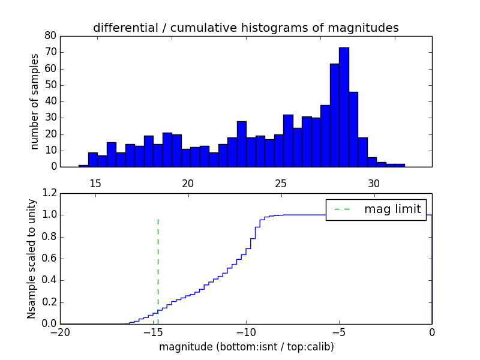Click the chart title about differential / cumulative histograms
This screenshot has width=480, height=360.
pos(246,28)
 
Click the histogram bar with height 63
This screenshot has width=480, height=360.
pos(335,115)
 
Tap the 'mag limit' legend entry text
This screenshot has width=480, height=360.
pos(392,209)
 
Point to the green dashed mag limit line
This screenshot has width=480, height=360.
pos(158,264)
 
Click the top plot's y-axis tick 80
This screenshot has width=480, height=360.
pos(50,35)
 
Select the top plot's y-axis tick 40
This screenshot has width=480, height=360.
pos(50,101)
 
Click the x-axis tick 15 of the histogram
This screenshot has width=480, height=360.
pos(95,183)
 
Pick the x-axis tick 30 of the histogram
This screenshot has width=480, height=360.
pos(374,183)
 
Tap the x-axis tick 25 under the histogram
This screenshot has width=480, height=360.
pos(281,183)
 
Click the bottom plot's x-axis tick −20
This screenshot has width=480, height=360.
pos(60,332)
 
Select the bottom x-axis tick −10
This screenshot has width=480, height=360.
pos(246,332)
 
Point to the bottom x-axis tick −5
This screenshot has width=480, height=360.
pos(339,332)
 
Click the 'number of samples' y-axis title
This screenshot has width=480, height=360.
pos(35,101)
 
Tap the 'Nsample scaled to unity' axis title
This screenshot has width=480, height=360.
pos(31,259)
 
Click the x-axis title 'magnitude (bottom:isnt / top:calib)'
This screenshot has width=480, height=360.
pos(246,347)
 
